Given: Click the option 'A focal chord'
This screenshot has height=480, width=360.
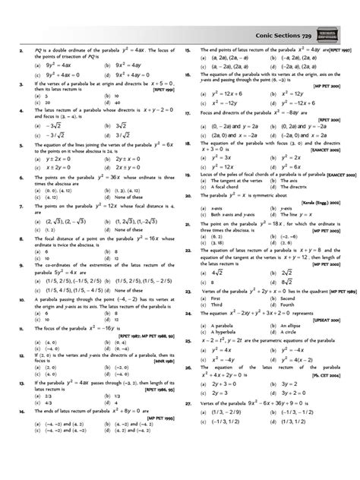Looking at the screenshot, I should [x=216, y=186].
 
